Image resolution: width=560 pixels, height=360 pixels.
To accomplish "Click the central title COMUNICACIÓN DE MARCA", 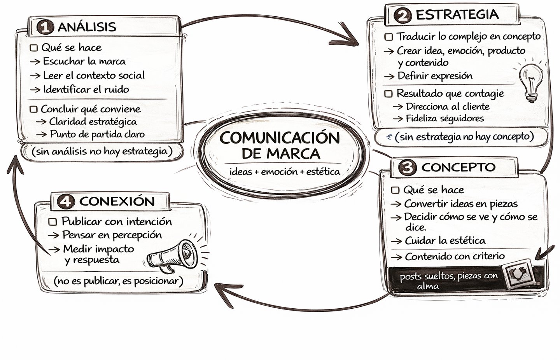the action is click(x=279, y=145).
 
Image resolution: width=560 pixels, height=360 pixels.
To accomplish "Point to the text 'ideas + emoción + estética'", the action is click(x=285, y=171).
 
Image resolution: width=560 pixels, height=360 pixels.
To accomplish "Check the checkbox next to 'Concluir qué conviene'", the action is click(x=34, y=109).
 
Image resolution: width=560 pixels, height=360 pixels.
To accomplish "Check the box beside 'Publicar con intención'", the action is click(x=53, y=222).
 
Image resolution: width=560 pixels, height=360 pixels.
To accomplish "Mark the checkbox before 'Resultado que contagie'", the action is click(x=388, y=94).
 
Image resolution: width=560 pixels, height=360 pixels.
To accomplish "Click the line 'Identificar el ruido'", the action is click(x=86, y=89).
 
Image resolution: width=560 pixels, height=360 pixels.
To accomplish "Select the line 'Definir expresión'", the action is click(x=435, y=76).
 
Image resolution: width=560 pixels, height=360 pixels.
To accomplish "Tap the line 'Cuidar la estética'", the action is click(x=445, y=241).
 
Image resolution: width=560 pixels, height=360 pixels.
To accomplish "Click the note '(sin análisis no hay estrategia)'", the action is click(x=102, y=151).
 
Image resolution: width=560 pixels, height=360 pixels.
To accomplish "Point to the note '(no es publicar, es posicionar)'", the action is click(x=118, y=281).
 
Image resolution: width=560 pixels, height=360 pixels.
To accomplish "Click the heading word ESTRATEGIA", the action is click(x=457, y=15).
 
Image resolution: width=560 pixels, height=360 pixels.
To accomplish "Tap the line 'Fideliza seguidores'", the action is click(x=444, y=118).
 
